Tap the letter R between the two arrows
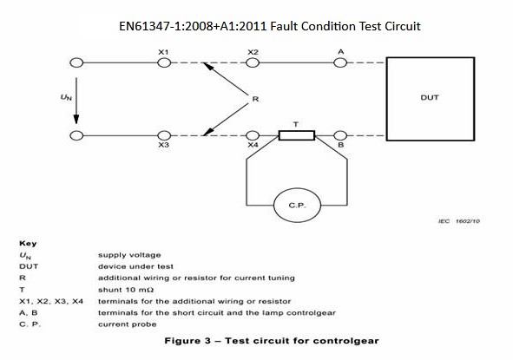click(255, 99)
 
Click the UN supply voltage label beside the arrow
click(66, 97)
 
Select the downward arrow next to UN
click(76, 101)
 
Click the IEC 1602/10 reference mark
click(459, 221)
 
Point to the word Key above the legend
click(28, 243)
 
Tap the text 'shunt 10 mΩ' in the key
click(126, 290)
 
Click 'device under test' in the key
click(135, 266)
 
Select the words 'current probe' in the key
click(128, 324)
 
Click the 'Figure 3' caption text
click(187, 341)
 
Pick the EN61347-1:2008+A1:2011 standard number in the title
click(193, 26)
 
